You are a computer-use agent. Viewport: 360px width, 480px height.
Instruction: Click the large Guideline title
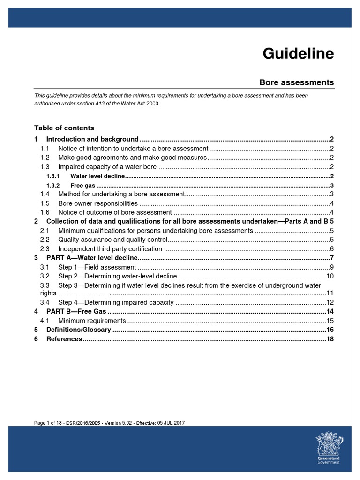tap(298, 54)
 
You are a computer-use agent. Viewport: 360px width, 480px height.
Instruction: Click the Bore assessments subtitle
tap(297, 82)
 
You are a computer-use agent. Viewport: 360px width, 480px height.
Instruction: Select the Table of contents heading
tap(64, 128)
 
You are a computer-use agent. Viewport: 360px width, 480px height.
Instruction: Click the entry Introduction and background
tap(92, 139)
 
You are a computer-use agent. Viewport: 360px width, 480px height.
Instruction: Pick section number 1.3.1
tap(53, 176)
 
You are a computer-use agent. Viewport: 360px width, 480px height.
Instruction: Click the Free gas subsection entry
tap(80, 185)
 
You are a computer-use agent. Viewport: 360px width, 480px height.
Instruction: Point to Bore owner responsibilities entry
tap(98, 203)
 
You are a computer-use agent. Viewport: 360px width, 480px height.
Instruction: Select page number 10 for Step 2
tap(330, 276)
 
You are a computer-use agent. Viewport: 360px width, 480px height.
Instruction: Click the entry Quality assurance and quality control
tap(112, 240)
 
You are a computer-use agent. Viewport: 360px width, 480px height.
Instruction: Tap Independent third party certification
tap(110, 249)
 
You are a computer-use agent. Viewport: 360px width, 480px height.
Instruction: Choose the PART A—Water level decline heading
tap(92, 258)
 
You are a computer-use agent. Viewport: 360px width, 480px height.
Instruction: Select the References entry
tap(64, 339)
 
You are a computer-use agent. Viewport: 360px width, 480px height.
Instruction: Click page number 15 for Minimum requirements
tap(330, 321)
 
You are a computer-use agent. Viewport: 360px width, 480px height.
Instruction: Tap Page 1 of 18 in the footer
tap(48, 423)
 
